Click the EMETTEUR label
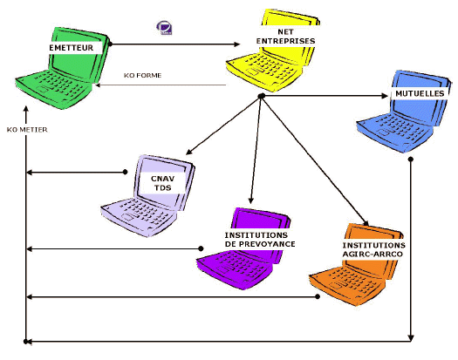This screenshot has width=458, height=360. coord(72,48)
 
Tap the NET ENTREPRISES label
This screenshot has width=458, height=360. coord(285,37)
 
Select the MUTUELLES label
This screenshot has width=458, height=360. coord(420,94)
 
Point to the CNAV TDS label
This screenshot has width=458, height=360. coord(162,183)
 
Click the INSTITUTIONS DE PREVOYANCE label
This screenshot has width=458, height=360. coord(260,240)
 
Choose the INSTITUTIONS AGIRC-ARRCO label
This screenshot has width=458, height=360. coord(373,249)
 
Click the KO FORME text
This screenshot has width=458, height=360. coord(142,75)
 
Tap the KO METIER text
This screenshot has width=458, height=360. coord(27,130)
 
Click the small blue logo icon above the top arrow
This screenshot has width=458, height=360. coord(165,28)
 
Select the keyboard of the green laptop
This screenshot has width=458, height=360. coord(54,85)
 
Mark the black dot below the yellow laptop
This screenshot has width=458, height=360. coord(262,96)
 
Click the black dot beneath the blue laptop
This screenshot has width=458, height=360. coord(411,160)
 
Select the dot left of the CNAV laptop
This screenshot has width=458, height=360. coord(126,172)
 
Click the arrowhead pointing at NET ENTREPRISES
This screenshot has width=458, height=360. coord(236,44)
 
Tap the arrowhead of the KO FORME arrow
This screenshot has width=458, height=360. coord(98,85)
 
